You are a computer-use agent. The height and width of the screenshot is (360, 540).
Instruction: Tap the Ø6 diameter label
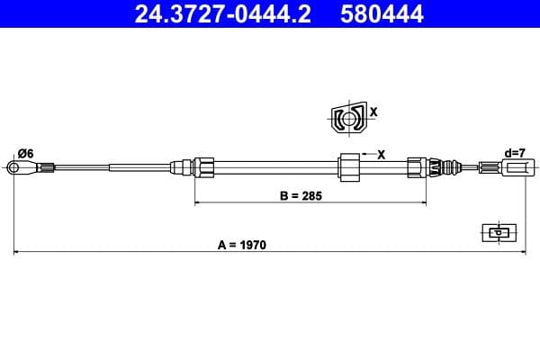click(x=25, y=153)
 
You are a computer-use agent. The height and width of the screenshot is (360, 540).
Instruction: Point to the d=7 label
click(x=516, y=153)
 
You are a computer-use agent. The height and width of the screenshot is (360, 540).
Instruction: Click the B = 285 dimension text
click(x=299, y=194)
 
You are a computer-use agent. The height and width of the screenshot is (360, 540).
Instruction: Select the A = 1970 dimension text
click(x=243, y=244)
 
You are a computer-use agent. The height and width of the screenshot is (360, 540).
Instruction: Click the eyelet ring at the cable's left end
click(x=13, y=166)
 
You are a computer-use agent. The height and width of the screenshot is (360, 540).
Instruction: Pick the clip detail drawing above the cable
click(x=347, y=118)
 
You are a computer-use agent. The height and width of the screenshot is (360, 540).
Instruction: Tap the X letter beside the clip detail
click(x=373, y=112)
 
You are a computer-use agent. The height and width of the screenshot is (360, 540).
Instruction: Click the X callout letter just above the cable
click(x=381, y=155)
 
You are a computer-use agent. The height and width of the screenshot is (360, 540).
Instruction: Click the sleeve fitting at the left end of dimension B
click(x=202, y=166)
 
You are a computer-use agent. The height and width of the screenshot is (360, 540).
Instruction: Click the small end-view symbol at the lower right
click(x=498, y=232)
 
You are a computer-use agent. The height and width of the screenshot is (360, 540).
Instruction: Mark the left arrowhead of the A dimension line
click(x=18, y=253)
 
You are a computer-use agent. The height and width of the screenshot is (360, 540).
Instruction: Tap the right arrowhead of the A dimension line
click(x=521, y=253)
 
